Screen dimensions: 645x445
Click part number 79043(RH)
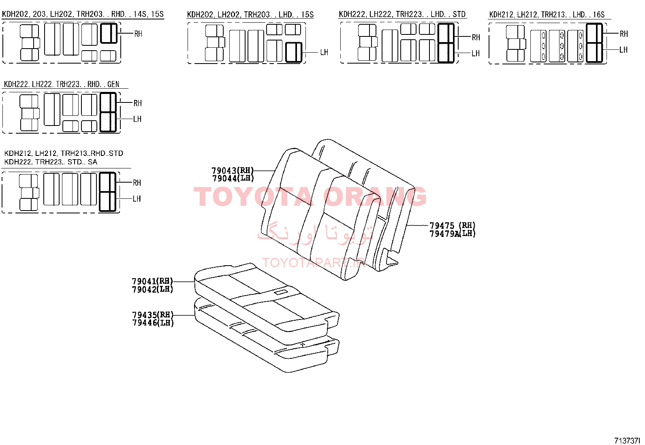(x=233, y=170)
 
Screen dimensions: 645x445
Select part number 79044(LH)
(x=233, y=179)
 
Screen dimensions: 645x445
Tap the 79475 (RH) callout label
(x=453, y=225)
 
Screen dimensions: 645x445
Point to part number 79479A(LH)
(x=453, y=234)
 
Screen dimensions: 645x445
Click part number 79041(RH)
(x=152, y=281)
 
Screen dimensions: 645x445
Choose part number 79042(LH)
(x=153, y=289)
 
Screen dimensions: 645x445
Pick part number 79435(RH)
(x=153, y=315)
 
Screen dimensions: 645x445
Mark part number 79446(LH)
(x=153, y=323)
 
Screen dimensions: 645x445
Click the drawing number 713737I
(x=627, y=441)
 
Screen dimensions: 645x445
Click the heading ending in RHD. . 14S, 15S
(x=83, y=14)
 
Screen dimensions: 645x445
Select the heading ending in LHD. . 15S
(x=250, y=15)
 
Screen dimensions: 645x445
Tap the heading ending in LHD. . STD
(x=402, y=14)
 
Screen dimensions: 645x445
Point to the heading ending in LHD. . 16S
(x=547, y=15)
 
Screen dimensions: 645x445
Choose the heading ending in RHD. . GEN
(x=61, y=84)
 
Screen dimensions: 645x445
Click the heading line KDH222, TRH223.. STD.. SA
(x=51, y=162)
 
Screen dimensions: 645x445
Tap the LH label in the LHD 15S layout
(x=324, y=52)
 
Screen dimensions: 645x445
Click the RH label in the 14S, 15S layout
(x=138, y=34)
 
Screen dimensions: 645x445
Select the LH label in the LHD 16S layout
(x=624, y=50)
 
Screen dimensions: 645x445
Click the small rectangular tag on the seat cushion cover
(x=280, y=293)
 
